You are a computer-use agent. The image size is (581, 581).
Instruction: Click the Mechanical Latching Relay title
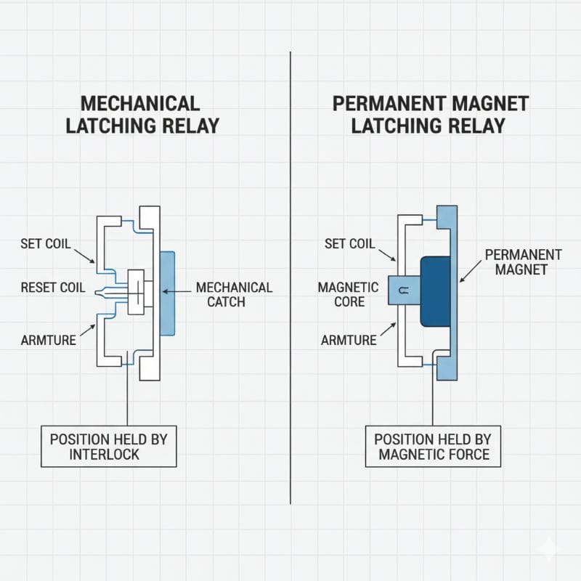tap(142, 114)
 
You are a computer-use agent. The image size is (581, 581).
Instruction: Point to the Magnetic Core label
tap(348, 293)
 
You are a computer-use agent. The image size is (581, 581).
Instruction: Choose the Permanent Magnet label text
tap(523, 262)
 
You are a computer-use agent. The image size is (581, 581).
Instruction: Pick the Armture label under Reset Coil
tap(49, 340)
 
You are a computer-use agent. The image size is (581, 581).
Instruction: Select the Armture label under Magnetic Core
tap(349, 340)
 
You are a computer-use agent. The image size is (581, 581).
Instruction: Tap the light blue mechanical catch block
tap(166, 293)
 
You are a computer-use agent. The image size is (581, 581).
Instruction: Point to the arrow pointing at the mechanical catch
tap(177, 291)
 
